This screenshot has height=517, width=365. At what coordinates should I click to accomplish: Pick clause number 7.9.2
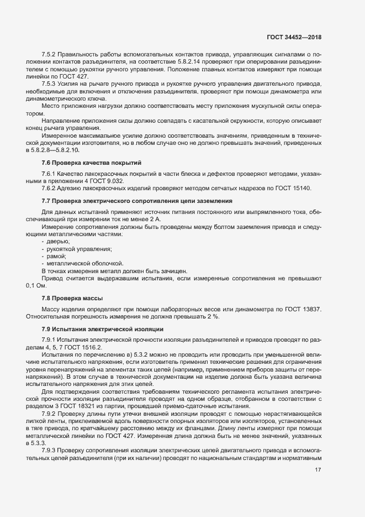(x=51, y=413)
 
